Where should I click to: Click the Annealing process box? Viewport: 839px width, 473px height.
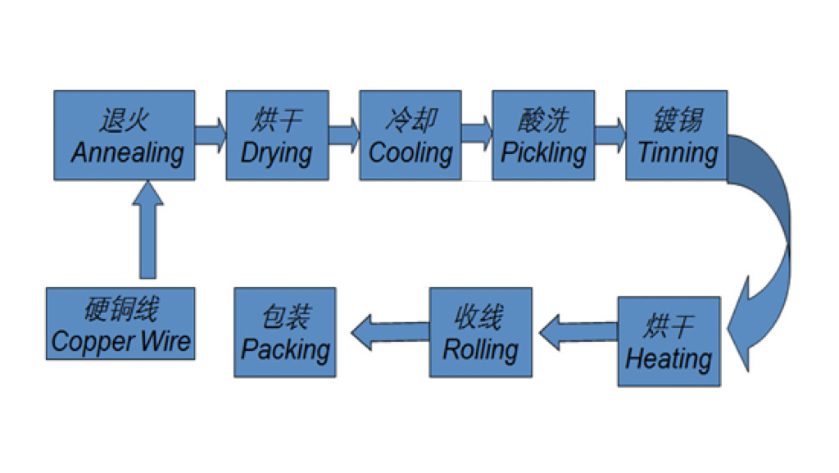coord(125,134)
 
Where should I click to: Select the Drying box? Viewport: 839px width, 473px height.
coord(277,134)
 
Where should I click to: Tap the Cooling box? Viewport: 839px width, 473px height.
coord(410,134)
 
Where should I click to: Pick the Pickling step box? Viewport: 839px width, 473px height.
coord(543,134)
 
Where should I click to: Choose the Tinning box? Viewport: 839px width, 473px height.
coord(676,134)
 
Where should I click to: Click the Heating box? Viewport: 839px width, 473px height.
coord(669,341)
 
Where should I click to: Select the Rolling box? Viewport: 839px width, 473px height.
coord(480,332)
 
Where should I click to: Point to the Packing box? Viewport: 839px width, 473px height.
coord(284,332)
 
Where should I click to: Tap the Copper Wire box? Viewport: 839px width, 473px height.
coord(120,324)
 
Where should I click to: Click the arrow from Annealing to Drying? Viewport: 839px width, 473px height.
coord(211,134)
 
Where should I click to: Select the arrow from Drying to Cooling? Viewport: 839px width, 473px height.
coord(344,134)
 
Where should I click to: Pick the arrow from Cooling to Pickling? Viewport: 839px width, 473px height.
coord(477,134)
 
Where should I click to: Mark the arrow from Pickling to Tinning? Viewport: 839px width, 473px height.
coord(610,134)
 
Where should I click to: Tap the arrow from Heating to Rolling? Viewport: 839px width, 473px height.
coord(578,332)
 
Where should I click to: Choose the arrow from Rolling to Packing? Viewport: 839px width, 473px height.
coord(390,332)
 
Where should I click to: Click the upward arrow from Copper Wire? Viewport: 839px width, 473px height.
coord(147,230)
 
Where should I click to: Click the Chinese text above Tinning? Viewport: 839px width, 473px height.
coord(678,120)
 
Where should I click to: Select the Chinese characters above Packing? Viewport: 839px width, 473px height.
coord(286,316)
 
